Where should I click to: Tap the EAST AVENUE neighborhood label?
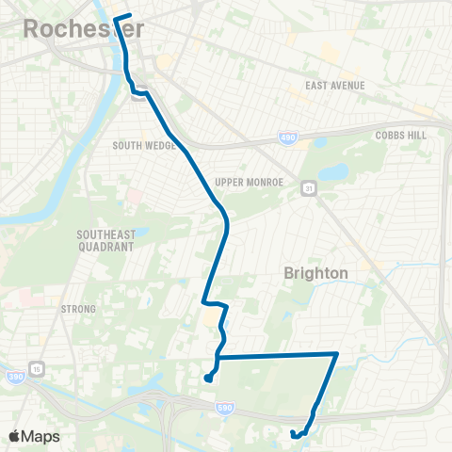pyautogui.click(x=335, y=87)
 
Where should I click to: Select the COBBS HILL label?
pyautogui.click(x=400, y=135)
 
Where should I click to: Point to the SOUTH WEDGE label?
pyautogui.click(x=140, y=145)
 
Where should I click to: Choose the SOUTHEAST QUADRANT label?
pyautogui.click(x=106, y=240)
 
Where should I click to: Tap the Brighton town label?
pyautogui.click(x=316, y=272)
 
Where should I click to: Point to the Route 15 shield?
pyautogui.click(x=36, y=367)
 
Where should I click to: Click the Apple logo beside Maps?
pyautogui.click(x=15, y=436)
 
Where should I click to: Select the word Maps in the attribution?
pyautogui.click(x=40, y=436)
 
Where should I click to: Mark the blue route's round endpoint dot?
pyautogui.click(x=206, y=379)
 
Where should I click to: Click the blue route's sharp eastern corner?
pyautogui.click(x=337, y=354)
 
